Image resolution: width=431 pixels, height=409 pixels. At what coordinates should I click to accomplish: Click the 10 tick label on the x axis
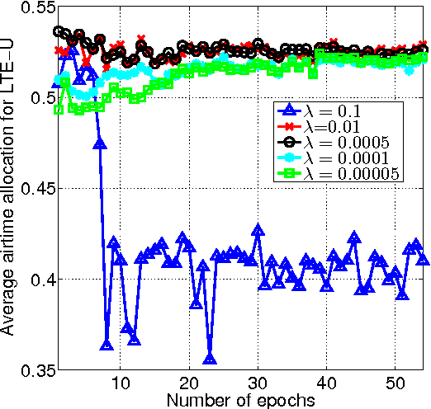(x=120, y=384)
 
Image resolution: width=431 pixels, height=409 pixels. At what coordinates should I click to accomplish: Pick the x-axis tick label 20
(x=188, y=384)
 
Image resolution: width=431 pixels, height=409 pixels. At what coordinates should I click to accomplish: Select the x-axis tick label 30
(x=257, y=384)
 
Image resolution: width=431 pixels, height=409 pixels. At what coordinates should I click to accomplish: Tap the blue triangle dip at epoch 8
(x=107, y=344)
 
